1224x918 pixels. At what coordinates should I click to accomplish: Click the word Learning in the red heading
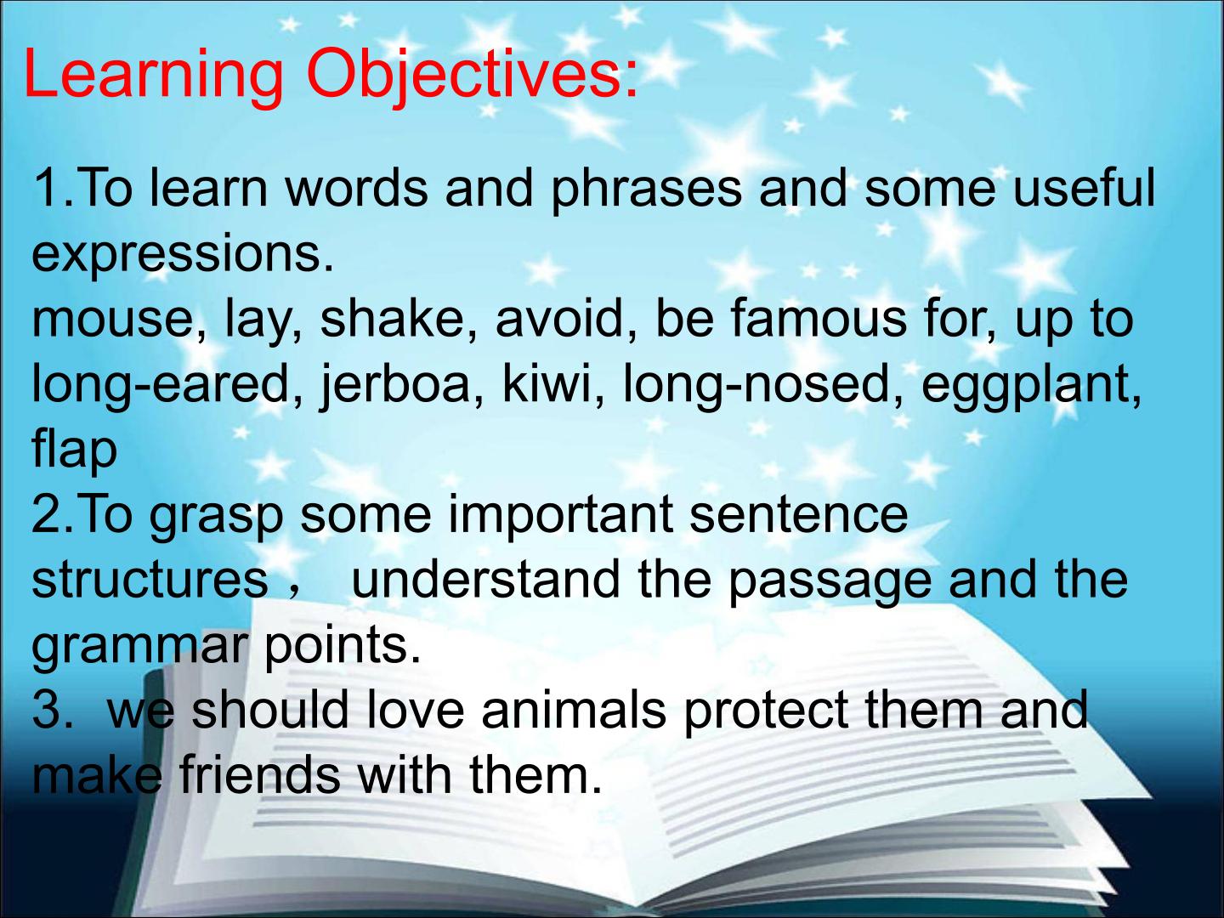coord(153,76)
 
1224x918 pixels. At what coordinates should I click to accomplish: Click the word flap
coord(75,450)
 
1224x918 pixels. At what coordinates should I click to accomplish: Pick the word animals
coord(574,711)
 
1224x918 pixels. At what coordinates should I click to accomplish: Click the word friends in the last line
coord(260,775)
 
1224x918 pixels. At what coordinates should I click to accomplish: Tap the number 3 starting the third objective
coord(46,711)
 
